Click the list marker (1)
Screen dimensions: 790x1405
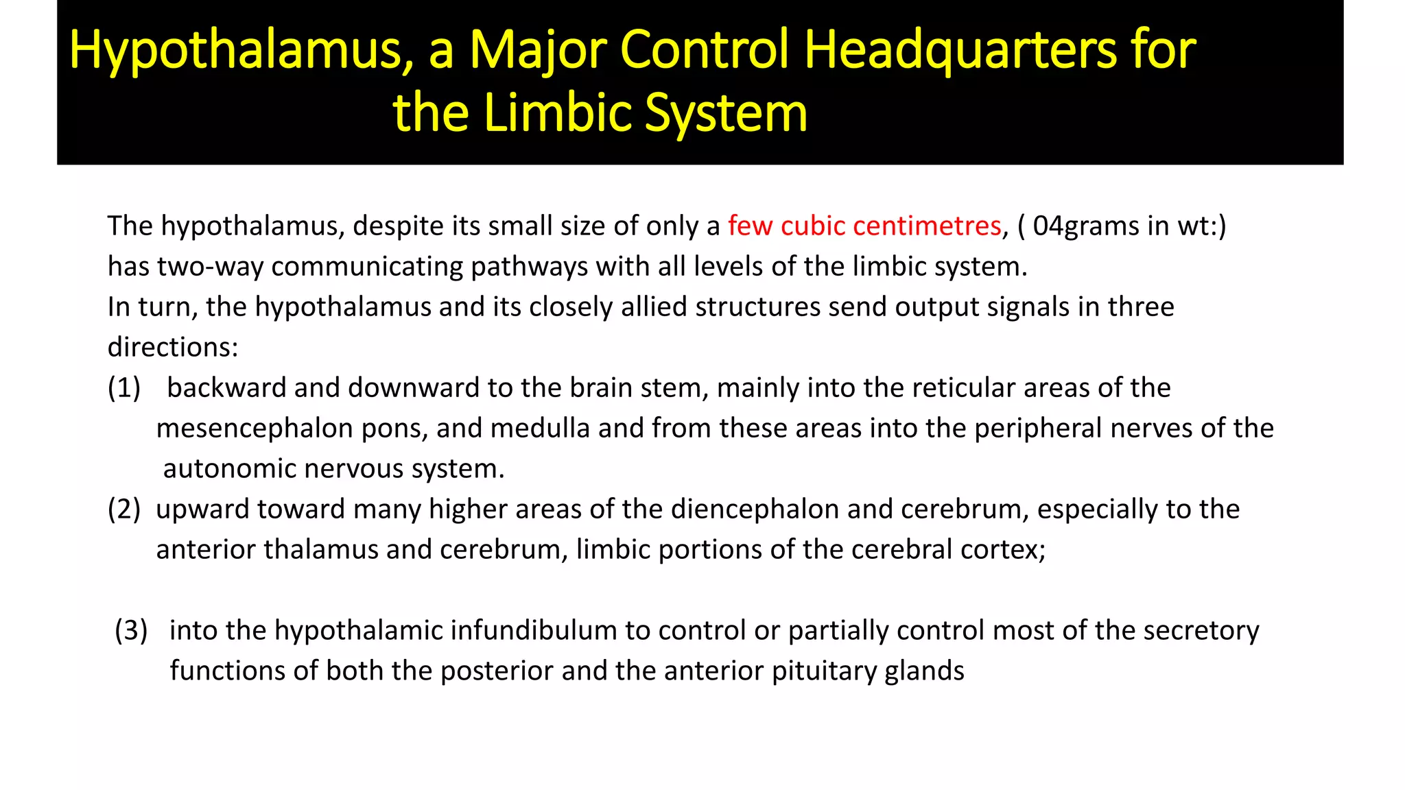pos(124,387)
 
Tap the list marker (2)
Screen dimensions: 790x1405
pos(124,509)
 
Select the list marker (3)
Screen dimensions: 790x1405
pos(131,630)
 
